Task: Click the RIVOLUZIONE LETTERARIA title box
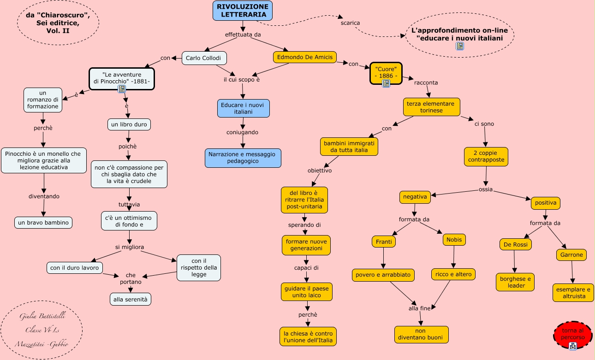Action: coord(243,11)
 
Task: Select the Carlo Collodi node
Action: coord(204,58)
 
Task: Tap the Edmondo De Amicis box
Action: coord(304,57)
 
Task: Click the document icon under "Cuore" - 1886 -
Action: coord(386,83)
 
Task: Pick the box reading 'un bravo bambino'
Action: coord(43,223)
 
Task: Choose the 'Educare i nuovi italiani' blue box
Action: coord(243,108)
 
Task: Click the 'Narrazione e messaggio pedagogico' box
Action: coord(243,158)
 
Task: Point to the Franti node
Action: coord(384,242)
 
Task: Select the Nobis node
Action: coord(454,240)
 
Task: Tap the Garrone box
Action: coord(572,254)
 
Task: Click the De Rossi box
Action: coord(515,244)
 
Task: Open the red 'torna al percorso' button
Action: coord(572,335)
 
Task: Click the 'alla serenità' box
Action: coord(131,299)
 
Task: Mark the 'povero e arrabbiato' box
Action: coord(383,275)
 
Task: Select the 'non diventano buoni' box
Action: coord(421,334)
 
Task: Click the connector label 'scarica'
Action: coord(350,23)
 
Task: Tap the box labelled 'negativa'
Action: coord(415,197)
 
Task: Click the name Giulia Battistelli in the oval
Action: coord(42,316)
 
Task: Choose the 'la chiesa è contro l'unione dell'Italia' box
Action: coord(308,337)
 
